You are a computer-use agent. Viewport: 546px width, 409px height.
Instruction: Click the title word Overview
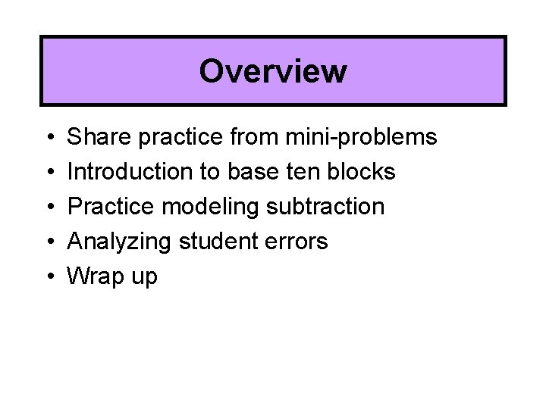pos(273,72)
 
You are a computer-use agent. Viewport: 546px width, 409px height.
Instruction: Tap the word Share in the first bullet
pos(95,137)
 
